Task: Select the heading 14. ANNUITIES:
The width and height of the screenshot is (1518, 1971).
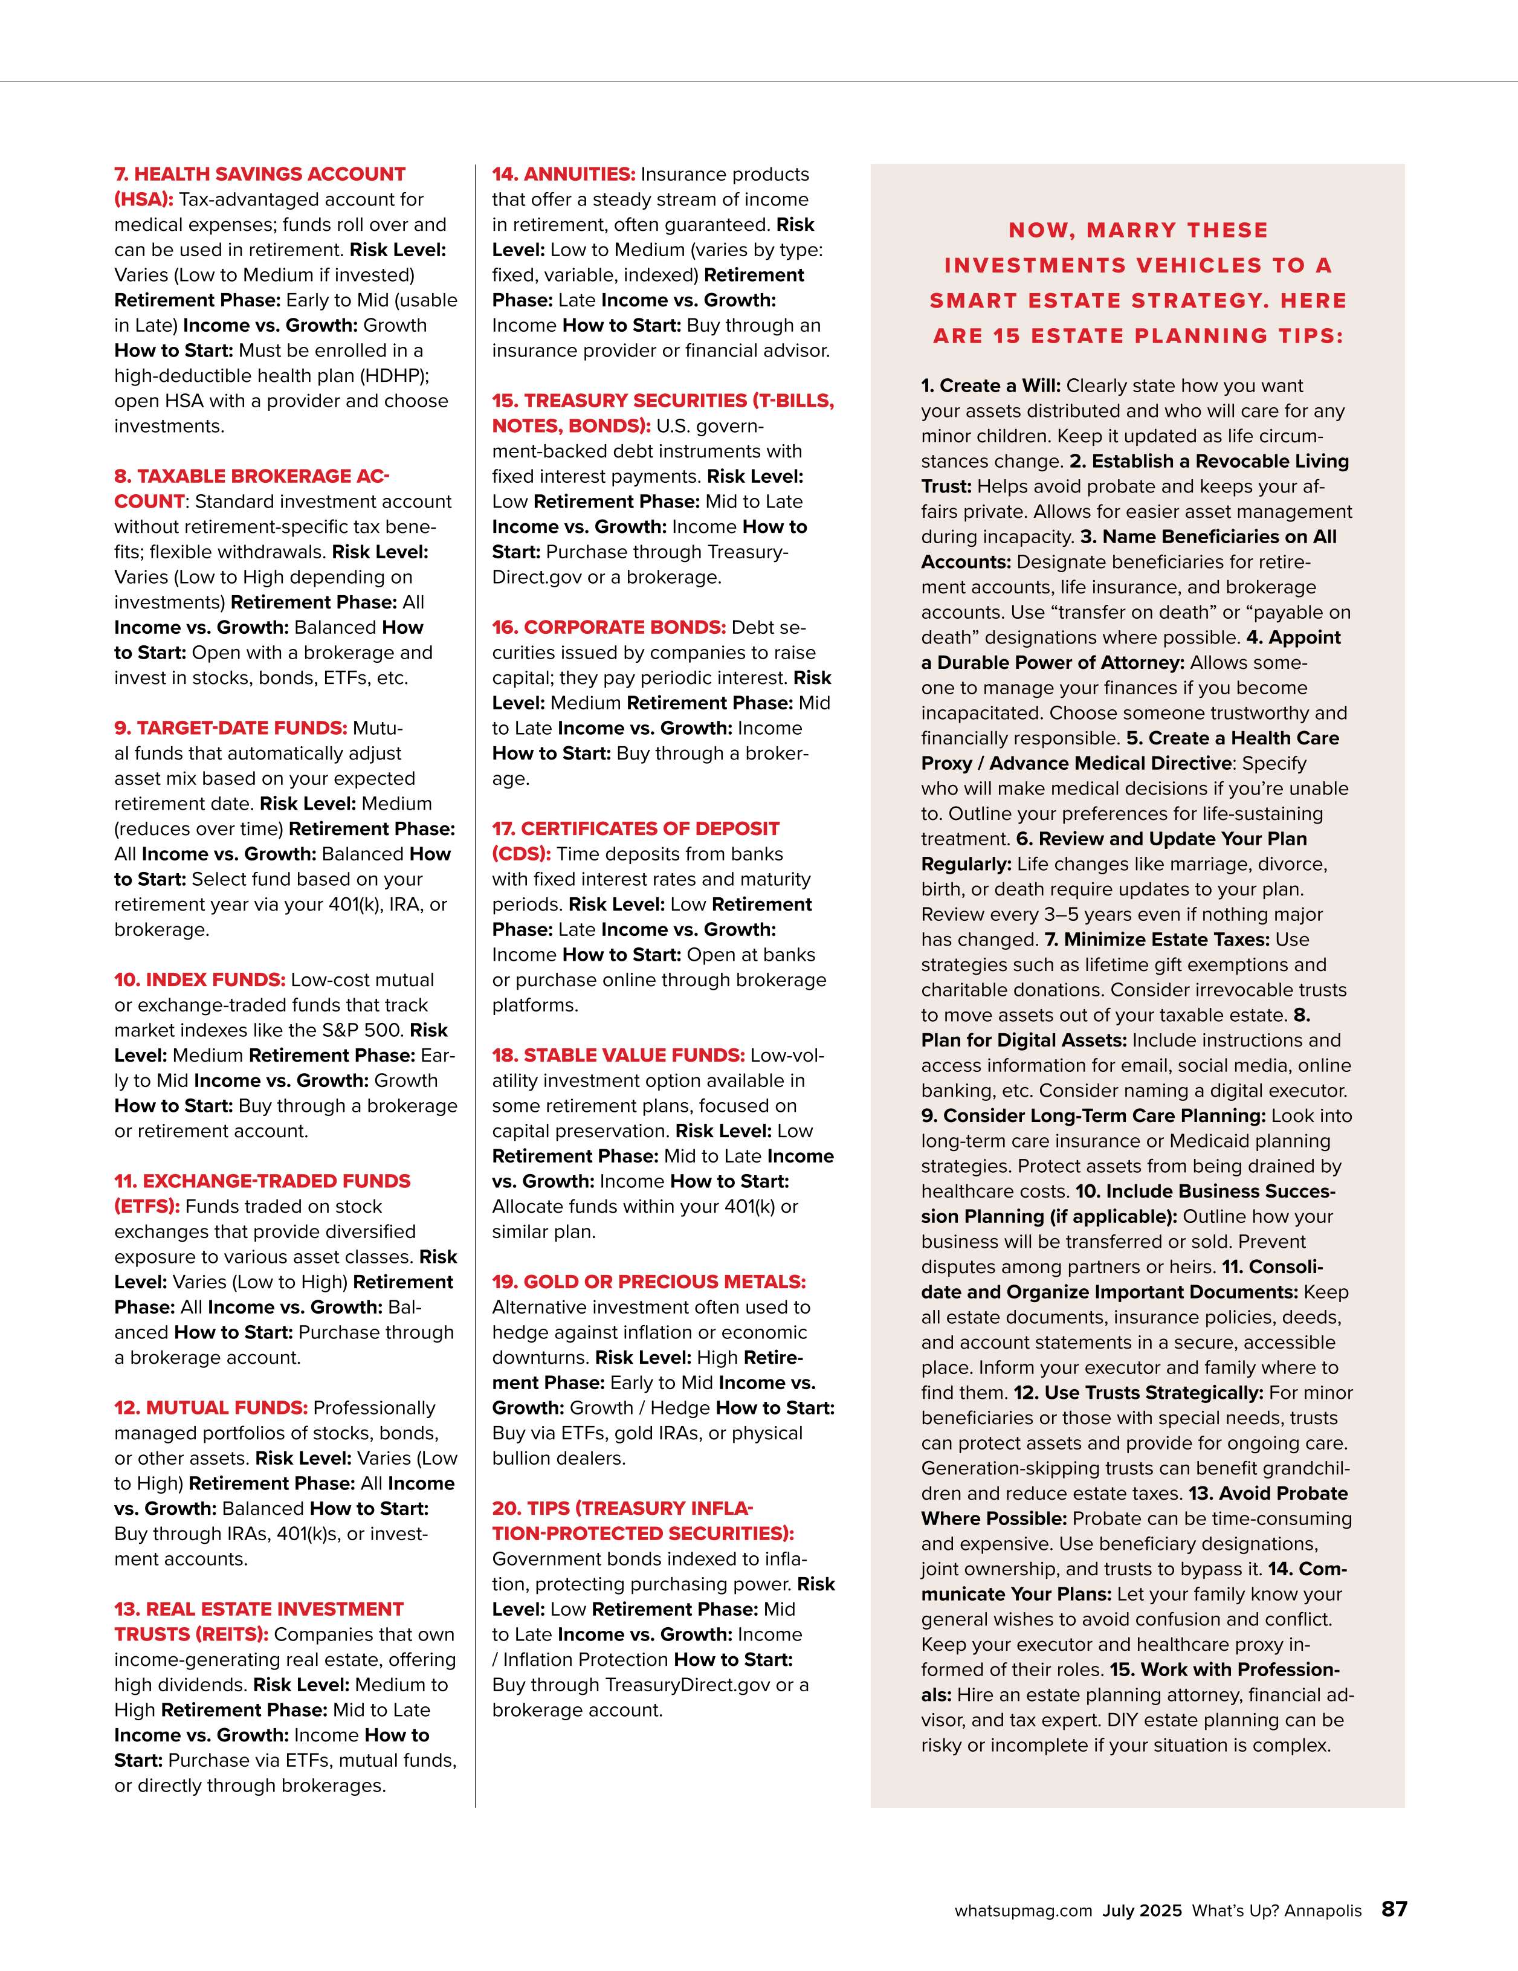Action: [563, 174]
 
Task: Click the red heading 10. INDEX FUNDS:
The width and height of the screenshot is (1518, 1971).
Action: [199, 980]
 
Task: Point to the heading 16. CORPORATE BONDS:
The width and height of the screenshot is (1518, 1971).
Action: [609, 627]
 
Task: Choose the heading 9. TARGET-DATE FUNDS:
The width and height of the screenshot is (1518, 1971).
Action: [230, 728]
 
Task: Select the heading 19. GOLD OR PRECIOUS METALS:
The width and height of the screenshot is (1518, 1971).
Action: [648, 1282]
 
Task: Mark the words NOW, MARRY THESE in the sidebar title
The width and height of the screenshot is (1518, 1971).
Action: [1137, 230]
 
